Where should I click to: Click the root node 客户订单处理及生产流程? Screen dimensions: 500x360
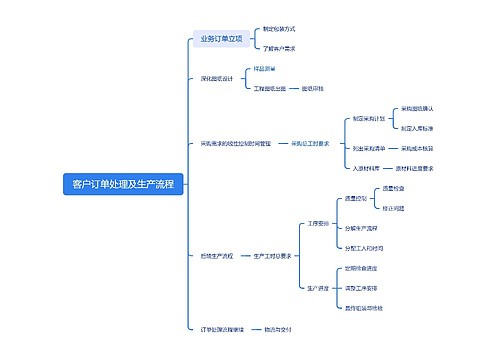tap(123, 184)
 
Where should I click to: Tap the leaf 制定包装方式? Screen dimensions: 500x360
tap(277, 30)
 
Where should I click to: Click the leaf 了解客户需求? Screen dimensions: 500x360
tap(278, 48)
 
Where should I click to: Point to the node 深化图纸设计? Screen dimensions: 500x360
tap(210, 78)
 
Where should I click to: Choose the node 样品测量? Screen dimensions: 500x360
tap(264, 68)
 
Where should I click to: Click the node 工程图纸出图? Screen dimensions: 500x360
tap(270, 88)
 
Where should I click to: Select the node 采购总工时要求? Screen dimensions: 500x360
tap(310, 144)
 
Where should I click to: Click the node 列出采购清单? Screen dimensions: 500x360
tap(369, 147)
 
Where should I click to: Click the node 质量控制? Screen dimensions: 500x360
tap(356, 198)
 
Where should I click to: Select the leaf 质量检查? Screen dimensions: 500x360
tap(394, 188)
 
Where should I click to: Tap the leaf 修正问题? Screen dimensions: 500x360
tap(394, 208)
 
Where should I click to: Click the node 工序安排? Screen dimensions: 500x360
tap(318, 223)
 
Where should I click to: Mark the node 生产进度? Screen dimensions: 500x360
tap(318, 287)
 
